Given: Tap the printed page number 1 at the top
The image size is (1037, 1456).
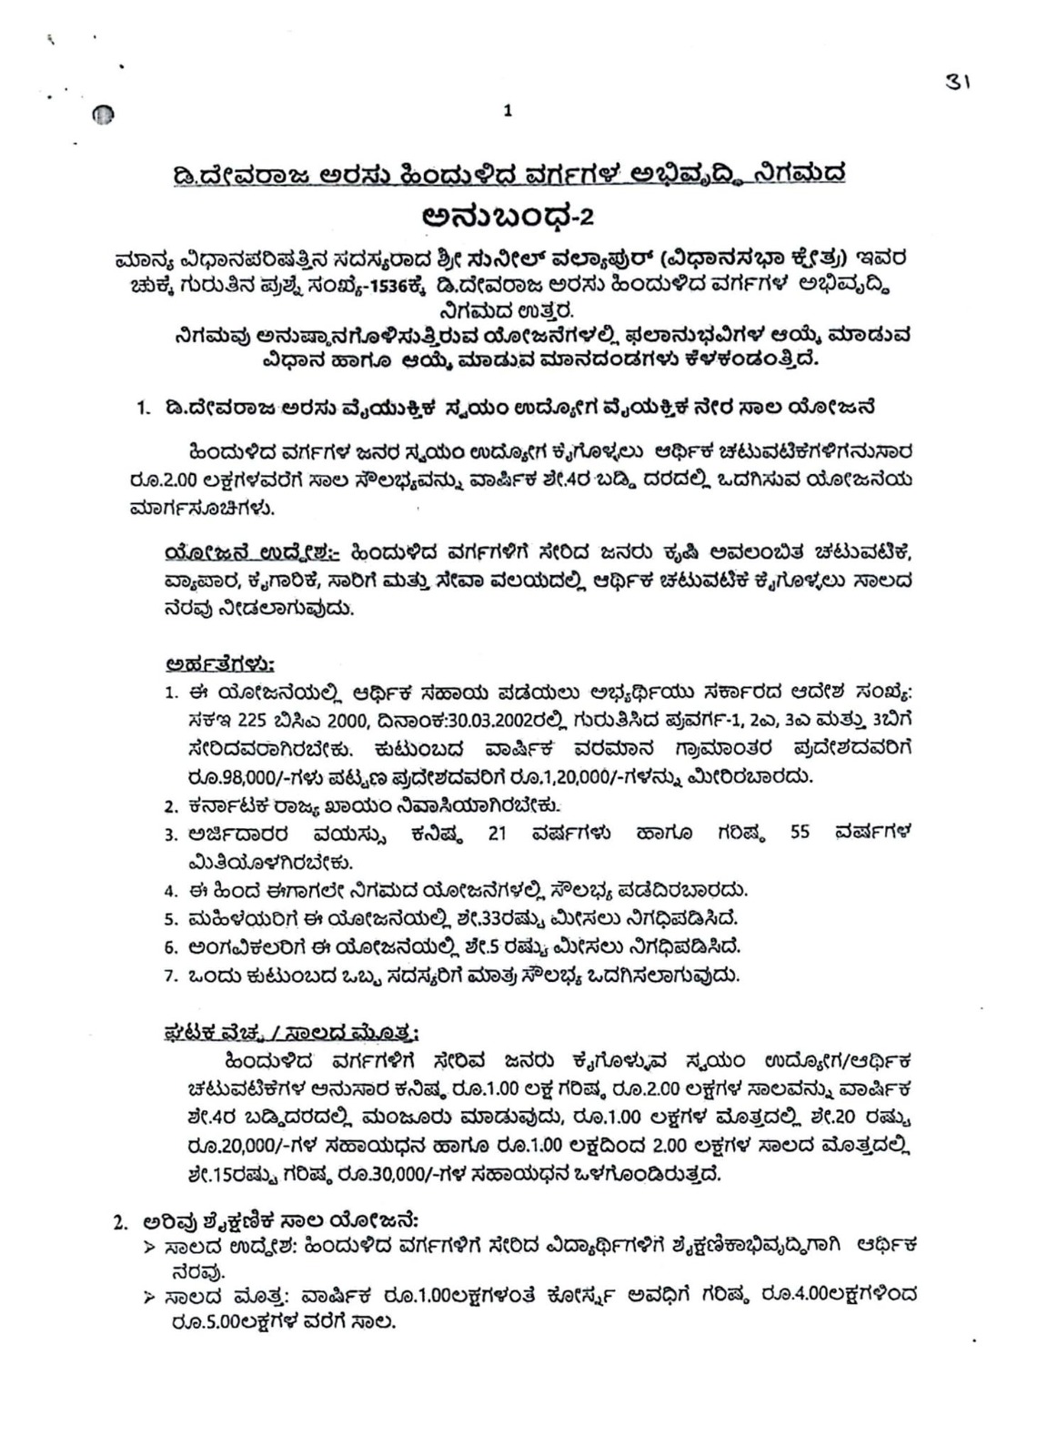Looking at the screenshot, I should tap(508, 112).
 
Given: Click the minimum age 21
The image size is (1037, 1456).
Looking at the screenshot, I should tap(498, 834).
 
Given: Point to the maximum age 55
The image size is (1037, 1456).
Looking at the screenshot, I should tap(800, 834).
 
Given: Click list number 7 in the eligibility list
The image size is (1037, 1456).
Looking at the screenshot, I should tap(170, 976).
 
